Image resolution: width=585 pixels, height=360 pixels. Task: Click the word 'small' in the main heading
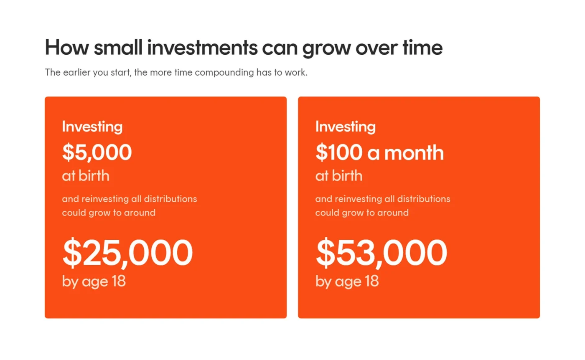click(x=118, y=48)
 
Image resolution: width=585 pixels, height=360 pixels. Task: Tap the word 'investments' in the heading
click(x=202, y=48)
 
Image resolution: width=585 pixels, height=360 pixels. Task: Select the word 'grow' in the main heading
click(x=326, y=49)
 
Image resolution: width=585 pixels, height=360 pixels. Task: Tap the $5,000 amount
click(x=97, y=152)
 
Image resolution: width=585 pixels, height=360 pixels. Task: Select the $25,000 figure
click(x=128, y=253)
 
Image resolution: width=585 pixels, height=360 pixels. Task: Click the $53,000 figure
click(x=381, y=253)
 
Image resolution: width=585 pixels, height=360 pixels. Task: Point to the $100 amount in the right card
click(x=339, y=152)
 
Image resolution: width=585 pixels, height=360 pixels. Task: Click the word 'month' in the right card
click(x=414, y=152)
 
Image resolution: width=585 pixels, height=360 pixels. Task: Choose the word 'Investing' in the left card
click(x=92, y=127)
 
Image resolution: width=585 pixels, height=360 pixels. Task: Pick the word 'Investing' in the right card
click(x=346, y=127)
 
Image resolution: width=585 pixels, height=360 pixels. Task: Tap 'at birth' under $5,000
click(x=86, y=175)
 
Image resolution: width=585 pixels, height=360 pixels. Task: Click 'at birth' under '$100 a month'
click(x=339, y=175)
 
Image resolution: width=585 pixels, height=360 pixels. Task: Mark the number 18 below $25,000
click(x=119, y=281)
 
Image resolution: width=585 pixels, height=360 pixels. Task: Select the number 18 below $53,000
click(x=372, y=281)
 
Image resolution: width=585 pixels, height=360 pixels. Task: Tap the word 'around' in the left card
click(x=140, y=213)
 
